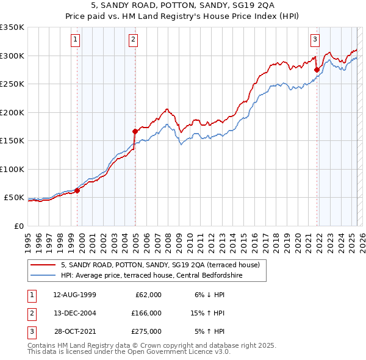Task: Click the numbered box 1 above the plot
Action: [x=76, y=40]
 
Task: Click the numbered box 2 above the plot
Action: [x=133, y=40]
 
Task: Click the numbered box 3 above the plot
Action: [x=315, y=40]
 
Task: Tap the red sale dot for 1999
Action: [x=77, y=190]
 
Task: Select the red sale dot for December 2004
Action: [x=135, y=131]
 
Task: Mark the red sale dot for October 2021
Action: [x=317, y=70]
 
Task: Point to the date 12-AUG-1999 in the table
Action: [x=74, y=295]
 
